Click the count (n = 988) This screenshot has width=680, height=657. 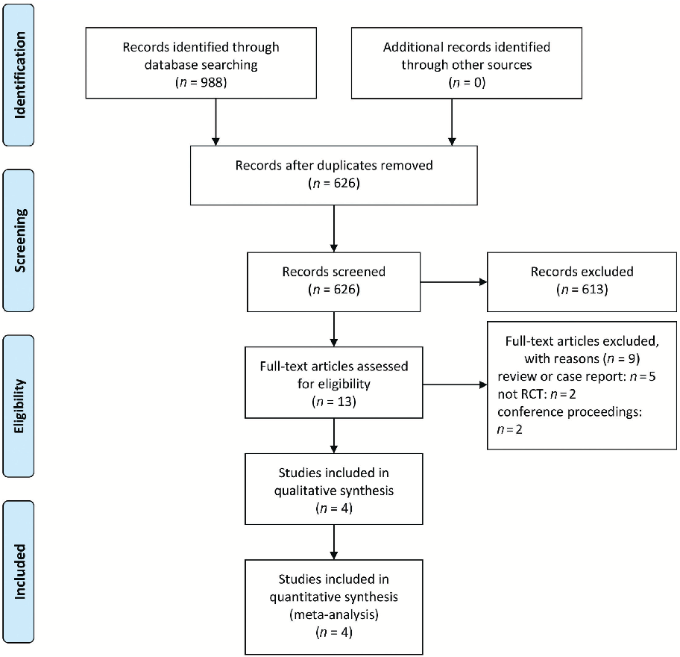201,83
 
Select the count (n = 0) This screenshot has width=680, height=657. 467,83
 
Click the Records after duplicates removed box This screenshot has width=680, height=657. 333,174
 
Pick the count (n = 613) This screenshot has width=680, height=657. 582,290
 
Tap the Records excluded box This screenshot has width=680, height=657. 582,281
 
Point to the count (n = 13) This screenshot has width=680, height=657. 333,402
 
